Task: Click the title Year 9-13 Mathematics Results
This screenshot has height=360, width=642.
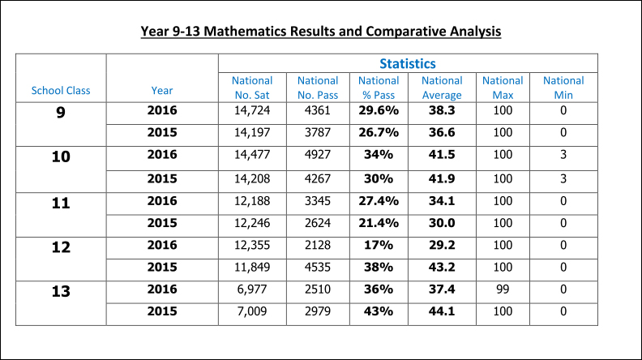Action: pos(321,32)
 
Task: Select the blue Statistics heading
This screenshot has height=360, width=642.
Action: pos(408,63)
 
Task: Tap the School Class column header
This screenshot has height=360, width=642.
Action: pos(61,90)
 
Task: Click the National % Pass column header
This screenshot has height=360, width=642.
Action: pos(379,88)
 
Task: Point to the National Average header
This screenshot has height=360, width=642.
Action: pos(442,88)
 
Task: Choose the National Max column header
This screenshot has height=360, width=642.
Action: pos(503,88)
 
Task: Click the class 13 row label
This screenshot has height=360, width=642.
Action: pos(61,291)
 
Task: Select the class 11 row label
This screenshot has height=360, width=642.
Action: pos(61,202)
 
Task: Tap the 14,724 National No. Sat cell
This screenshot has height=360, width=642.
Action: pos(252,110)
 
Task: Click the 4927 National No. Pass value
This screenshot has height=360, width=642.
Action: pos(318,155)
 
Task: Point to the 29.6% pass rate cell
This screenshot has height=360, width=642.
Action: pos(379,110)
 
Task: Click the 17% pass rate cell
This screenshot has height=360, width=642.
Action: pos(379,245)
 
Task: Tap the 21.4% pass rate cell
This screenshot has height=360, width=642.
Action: pos(379,222)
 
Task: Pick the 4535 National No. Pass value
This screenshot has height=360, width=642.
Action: pos(318,267)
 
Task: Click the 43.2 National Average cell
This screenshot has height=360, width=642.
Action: pos(442,267)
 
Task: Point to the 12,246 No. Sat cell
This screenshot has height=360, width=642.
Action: pos(252,222)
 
